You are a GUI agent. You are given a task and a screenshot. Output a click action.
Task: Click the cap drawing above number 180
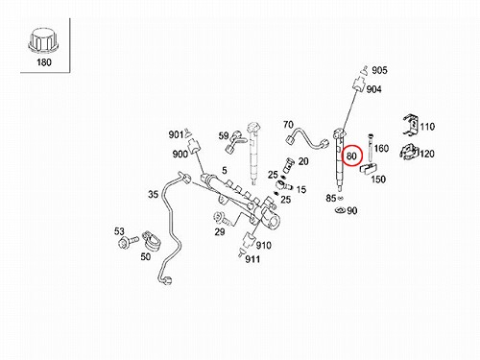pos(44,41)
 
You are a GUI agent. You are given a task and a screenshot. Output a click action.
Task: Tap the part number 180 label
pos(44,62)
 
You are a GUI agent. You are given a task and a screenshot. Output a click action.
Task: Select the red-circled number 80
pos(351,156)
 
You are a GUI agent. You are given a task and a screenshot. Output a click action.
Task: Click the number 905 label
pos(379,70)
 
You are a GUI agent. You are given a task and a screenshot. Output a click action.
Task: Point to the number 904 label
pos(373,89)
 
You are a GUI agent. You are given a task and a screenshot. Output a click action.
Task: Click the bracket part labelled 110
pos(411,124)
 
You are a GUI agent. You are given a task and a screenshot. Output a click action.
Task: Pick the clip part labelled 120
pos(410,152)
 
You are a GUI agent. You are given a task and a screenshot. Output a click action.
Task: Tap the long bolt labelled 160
pos(371,148)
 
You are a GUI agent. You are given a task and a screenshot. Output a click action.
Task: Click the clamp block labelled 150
pos(369,168)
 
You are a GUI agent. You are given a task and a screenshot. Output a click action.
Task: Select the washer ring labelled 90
pos(341,210)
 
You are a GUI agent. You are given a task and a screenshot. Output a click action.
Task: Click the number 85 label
pos(331,198)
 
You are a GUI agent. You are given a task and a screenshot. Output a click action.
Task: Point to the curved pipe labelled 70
pos(307,138)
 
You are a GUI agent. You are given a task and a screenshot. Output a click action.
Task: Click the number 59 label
pos(224,136)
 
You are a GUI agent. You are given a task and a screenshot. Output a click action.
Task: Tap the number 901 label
pos(176,135)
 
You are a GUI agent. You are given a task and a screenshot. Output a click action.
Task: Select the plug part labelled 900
pos(195,146)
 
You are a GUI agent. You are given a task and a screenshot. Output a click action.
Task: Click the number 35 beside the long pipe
pos(154,194)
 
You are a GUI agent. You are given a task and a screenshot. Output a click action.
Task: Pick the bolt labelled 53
pos(128,242)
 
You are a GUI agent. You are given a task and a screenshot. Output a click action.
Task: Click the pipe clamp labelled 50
pos(151,240)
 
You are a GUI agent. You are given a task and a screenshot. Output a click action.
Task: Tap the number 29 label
pos(220,231)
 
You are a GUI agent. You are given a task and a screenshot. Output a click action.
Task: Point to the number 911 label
pos(252,259)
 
